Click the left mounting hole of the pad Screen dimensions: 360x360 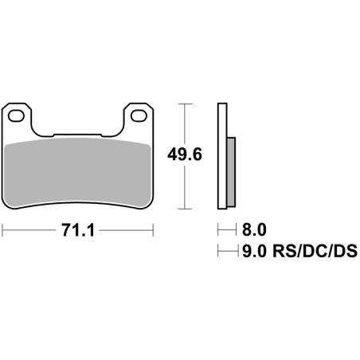pos(16,116)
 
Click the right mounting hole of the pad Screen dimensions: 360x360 pos(139,116)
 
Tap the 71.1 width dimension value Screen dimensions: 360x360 pos(78,230)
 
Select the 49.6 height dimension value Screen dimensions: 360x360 pos(185,155)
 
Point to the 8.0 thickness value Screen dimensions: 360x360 pos(254,229)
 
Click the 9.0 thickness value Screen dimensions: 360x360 pos(254,251)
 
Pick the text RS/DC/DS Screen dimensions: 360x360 pos(315,251)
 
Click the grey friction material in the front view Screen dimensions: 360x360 pos(78,173)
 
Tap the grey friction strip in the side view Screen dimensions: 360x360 pos(231,172)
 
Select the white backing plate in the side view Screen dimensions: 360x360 pos(222,156)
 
